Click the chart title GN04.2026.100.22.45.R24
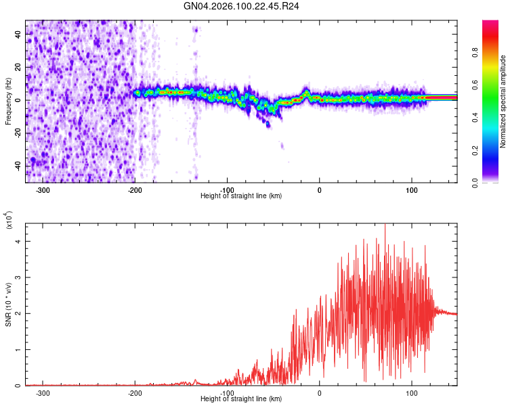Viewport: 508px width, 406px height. tap(242, 6)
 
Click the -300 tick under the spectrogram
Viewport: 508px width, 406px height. tap(42, 190)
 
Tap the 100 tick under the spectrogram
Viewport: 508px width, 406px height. tap(412, 190)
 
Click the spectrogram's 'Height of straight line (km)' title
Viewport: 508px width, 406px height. tap(242, 196)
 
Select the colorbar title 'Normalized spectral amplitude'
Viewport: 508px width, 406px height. tap(503, 101)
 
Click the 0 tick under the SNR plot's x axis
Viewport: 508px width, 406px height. tap(320, 393)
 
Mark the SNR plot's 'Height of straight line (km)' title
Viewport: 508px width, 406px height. tap(242, 399)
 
